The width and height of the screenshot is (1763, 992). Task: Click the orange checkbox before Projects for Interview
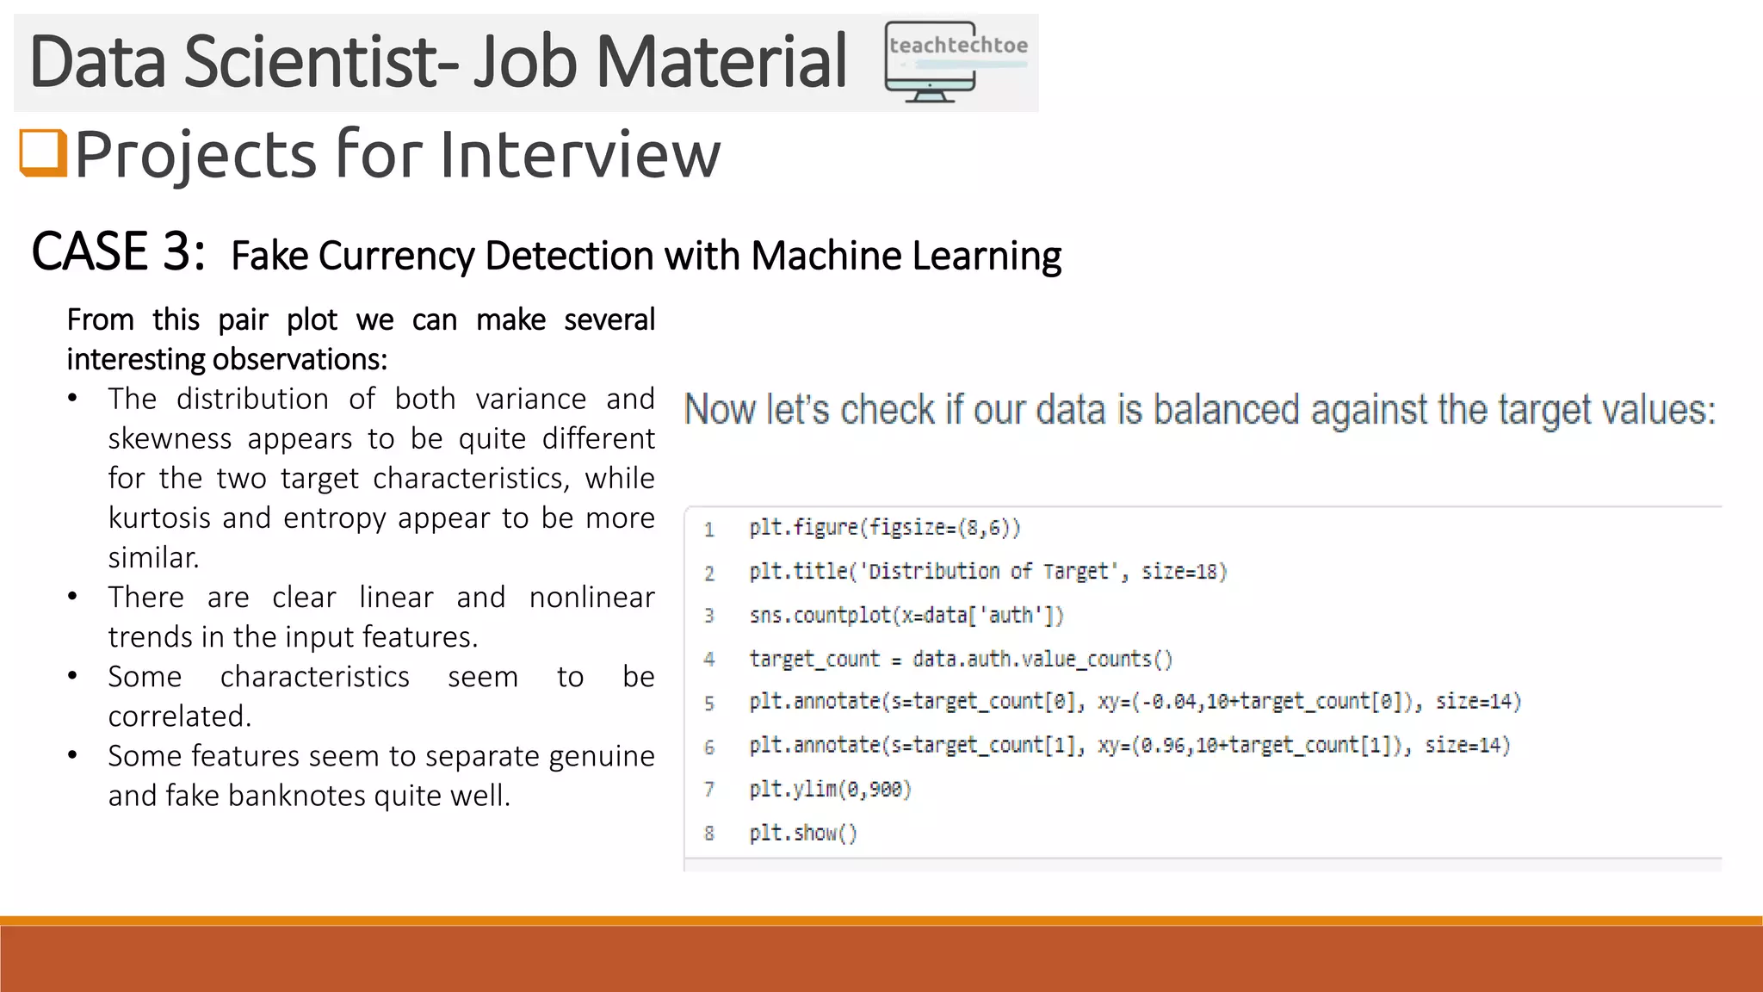point(43,153)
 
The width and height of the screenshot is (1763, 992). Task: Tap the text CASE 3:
point(118,252)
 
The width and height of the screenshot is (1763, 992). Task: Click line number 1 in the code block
point(708,529)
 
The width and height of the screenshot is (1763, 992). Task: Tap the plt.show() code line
point(803,833)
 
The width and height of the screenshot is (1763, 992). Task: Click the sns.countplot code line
point(906,615)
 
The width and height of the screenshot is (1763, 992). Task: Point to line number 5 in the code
point(708,703)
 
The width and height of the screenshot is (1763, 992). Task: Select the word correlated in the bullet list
point(179,716)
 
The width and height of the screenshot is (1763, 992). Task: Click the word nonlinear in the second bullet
point(591,598)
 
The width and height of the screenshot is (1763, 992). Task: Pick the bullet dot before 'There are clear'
point(73,597)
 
